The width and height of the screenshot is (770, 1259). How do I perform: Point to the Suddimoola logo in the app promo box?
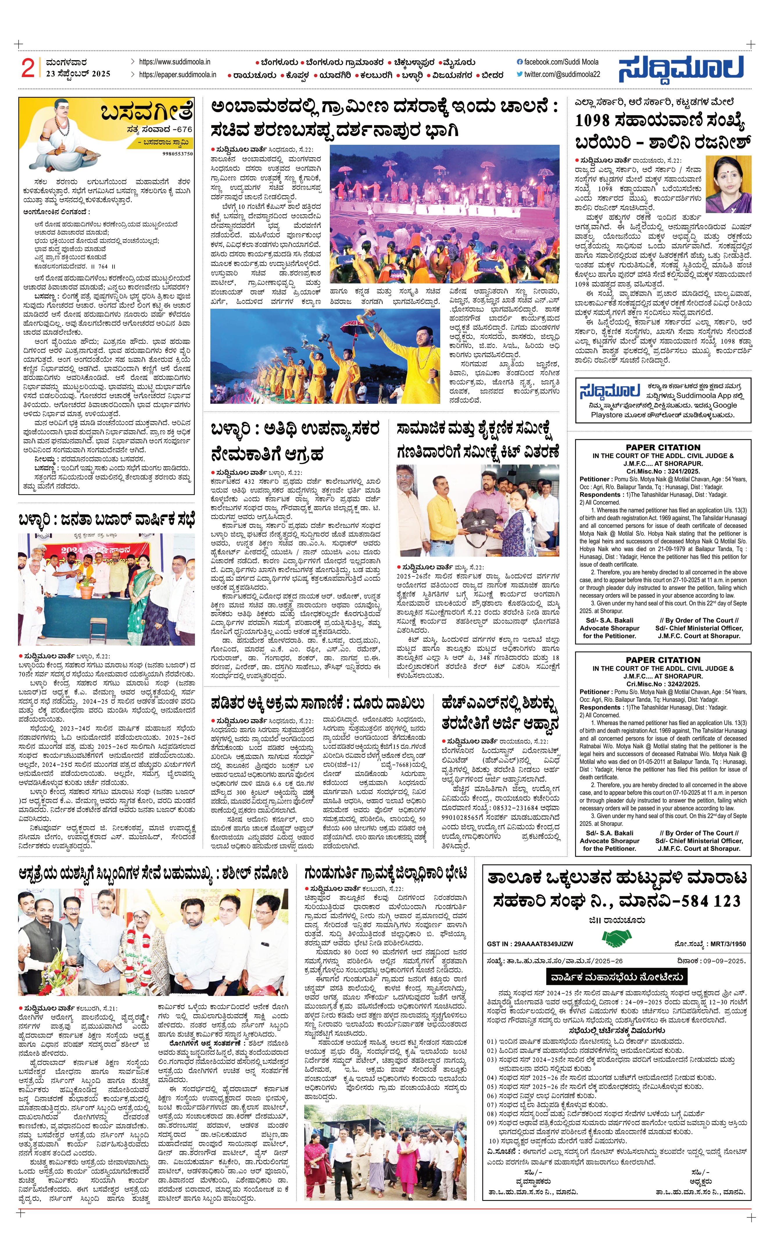click(609, 391)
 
